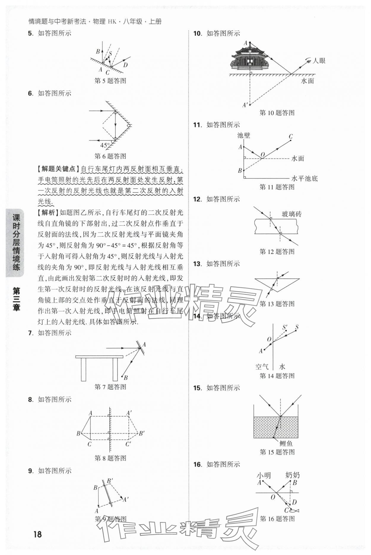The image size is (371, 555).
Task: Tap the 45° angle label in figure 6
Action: coord(105,146)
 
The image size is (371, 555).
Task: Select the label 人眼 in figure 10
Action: coord(319,61)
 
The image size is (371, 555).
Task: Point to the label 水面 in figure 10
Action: coord(307,81)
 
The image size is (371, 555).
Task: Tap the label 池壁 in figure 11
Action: coord(244,136)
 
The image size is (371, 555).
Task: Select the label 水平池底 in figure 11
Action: coord(305,178)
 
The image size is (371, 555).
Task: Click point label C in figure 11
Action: coord(291,136)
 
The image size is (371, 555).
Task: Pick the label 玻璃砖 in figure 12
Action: coord(291,214)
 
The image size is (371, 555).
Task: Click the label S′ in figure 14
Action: coord(285,328)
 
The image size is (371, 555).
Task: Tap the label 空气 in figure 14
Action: coord(262,367)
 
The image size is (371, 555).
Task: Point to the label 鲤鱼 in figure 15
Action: coord(286,443)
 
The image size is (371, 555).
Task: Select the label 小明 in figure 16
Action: coord(264,475)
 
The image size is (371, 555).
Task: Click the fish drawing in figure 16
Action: coord(295,510)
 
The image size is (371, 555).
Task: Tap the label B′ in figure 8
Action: coord(142,433)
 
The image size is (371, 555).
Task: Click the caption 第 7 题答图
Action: coord(110,387)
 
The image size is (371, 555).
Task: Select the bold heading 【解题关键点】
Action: coord(57,169)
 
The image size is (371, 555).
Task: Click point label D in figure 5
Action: coord(126,65)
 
